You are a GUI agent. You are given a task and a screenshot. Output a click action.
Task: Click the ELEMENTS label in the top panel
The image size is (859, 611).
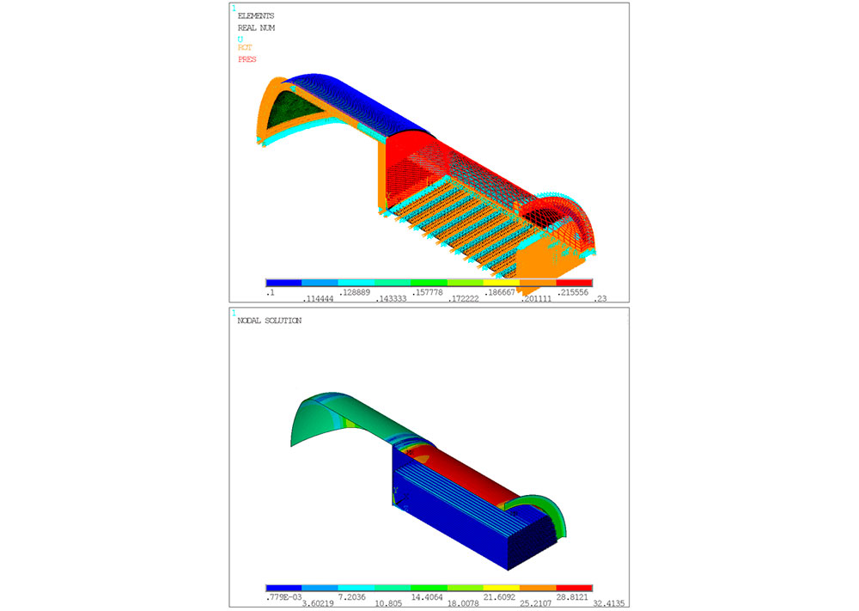click(256, 15)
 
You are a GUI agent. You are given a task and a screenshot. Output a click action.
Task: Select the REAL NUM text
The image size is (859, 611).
click(256, 28)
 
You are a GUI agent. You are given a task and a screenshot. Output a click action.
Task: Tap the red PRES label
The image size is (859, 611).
click(247, 59)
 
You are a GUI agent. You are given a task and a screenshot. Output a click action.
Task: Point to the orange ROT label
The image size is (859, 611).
click(245, 47)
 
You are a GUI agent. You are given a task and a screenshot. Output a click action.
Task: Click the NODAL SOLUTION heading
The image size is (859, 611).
click(270, 321)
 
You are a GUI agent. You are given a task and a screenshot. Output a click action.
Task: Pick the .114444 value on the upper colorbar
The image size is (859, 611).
click(318, 299)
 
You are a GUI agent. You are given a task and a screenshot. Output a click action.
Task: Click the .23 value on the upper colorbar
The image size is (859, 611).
click(600, 299)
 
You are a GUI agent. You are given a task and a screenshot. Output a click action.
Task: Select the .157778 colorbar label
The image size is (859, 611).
click(427, 292)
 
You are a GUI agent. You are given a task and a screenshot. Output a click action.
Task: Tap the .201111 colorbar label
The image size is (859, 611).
click(536, 299)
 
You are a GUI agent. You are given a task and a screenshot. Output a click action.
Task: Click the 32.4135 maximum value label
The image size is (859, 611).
click(609, 603)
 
